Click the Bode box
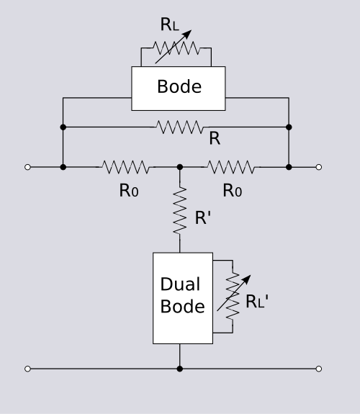179,89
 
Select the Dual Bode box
183,298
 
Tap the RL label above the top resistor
170,24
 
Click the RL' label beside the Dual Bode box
257,301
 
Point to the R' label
203,218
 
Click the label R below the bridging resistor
215,138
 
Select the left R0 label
129,190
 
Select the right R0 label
233,190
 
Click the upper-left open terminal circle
27,167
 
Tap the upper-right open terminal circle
319,167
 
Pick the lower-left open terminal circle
27,369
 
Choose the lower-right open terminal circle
319,369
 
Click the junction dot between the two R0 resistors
180,167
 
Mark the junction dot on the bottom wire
180,369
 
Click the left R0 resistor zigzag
126,167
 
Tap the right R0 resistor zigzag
231,167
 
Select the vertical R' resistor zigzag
180,210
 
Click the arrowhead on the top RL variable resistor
188,33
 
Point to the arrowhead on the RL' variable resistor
247,279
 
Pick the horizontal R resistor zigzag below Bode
180,127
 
